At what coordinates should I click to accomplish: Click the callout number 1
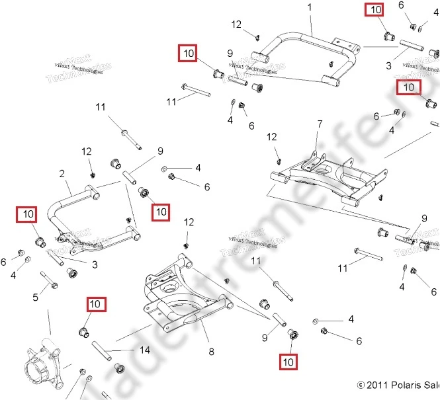pyautogui.click(x=308, y=7)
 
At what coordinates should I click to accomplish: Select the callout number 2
pyautogui.click(x=62, y=174)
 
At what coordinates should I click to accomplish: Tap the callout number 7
pyautogui.click(x=320, y=124)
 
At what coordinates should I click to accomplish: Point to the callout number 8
pyautogui.click(x=211, y=352)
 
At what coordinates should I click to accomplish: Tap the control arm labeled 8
pyautogui.click(x=182, y=301)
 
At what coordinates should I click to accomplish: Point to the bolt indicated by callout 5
pyautogui.click(x=50, y=281)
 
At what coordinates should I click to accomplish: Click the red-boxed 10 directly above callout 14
pyautogui.click(x=95, y=304)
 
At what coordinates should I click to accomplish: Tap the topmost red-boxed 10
pyautogui.click(x=375, y=10)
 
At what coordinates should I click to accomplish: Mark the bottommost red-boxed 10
pyautogui.click(x=288, y=362)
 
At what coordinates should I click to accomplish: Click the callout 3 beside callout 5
pyautogui.click(x=95, y=265)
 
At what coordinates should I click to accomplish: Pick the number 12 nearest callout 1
pyautogui.click(x=237, y=24)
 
